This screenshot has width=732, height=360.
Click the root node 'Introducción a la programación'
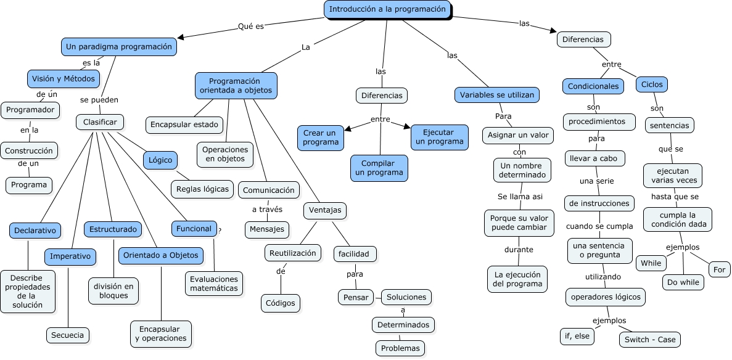tap(387, 9)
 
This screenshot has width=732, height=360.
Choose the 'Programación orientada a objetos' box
tap(236, 86)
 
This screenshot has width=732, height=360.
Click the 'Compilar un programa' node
tap(379, 168)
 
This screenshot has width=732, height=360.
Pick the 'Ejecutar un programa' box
tap(439, 137)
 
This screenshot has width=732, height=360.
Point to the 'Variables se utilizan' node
tap(498, 95)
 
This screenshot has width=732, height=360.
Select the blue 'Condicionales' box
tap(593, 86)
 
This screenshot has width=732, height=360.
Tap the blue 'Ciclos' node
tap(652, 84)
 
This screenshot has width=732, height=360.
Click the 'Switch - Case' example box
tap(650, 340)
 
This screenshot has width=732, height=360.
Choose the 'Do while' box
tap(683, 282)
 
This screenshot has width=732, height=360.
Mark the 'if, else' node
tap(577, 337)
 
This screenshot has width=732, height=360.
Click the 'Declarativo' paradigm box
tap(35, 231)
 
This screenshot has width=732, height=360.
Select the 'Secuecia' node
tap(68, 335)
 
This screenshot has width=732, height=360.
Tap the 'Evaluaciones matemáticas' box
tap(214, 283)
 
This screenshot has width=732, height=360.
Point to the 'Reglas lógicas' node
tap(202, 189)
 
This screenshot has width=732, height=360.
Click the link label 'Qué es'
tap(251, 27)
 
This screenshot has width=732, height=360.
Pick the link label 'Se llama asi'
tap(520, 196)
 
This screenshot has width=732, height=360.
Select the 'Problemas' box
tap(400, 348)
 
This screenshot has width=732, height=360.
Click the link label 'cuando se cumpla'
tap(599, 226)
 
